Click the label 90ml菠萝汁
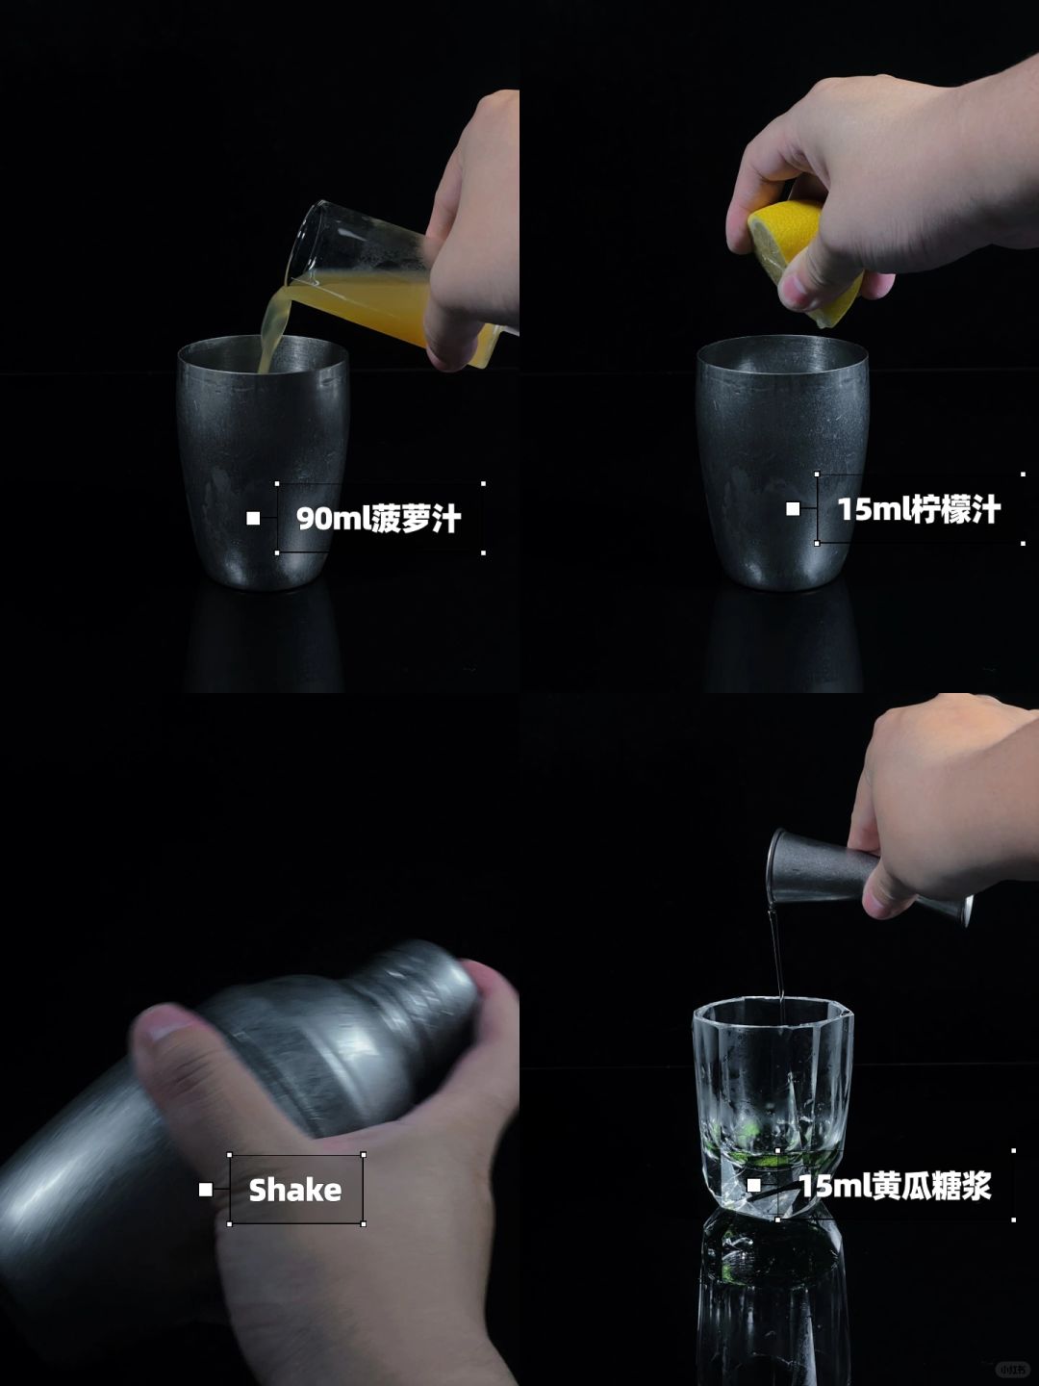click(x=379, y=519)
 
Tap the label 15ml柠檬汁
click(x=919, y=509)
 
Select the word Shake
click(x=295, y=1191)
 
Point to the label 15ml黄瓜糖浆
click(x=895, y=1186)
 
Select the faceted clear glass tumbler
click(x=773, y=1105)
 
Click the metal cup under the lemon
click(x=782, y=462)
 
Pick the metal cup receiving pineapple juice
click(x=263, y=462)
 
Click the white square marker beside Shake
click(x=206, y=1190)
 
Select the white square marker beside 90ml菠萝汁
click(x=253, y=519)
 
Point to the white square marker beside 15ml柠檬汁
click(x=793, y=509)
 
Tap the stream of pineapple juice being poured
click(x=272, y=328)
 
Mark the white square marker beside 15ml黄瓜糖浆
click(x=754, y=1185)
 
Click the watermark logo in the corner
click(x=1009, y=1369)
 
